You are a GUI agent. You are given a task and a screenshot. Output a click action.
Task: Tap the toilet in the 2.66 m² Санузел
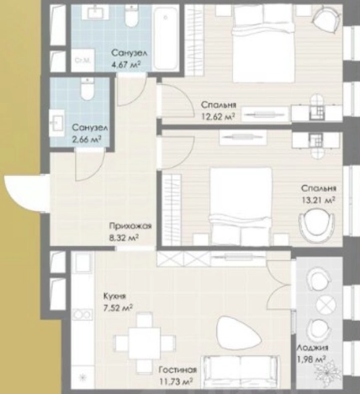click(87, 89)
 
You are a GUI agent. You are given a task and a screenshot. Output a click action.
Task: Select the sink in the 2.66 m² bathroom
click(57, 123)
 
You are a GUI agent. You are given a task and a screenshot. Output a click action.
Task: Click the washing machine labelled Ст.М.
click(83, 60)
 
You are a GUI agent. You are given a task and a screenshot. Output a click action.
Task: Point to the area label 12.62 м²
click(218, 116)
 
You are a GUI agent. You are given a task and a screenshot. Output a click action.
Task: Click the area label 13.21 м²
click(319, 200)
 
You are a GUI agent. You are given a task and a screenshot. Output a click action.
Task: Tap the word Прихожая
click(130, 226)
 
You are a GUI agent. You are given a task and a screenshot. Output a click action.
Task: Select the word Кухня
click(114, 296)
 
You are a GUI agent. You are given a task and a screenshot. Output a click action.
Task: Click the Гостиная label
click(177, 370)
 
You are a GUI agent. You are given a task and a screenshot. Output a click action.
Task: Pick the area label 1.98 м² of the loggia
click(311, 359)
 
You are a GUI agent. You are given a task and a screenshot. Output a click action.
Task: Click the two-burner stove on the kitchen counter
click(82, 314)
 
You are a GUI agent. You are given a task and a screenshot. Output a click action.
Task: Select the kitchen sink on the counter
click(82, 263)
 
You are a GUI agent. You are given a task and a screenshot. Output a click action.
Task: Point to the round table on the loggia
click(326, 305)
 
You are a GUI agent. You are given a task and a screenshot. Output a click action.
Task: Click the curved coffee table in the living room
click(239, 333)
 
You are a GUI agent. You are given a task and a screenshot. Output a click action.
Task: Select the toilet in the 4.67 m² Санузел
click(131, 16)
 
